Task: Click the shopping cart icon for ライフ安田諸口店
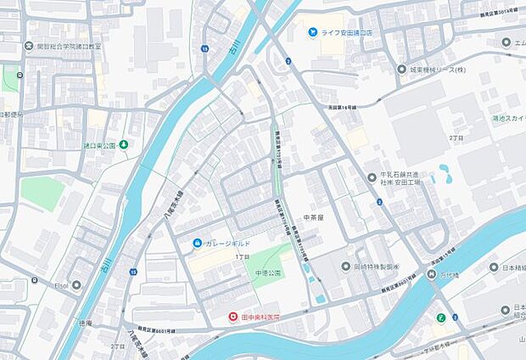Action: pos(312,32)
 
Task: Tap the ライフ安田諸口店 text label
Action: pos(350,32)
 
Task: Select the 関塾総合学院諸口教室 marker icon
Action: pos(29,48)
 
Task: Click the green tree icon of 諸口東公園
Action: pos(124,145)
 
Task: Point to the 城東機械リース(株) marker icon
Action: pos(402,69)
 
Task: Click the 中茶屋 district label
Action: pos(315,217)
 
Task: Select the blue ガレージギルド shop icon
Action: pos(197,244)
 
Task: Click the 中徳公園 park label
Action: pos(267,273)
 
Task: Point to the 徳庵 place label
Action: pos(83,323)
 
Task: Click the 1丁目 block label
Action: pos(242,256)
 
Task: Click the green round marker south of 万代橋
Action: pos(440,319)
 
